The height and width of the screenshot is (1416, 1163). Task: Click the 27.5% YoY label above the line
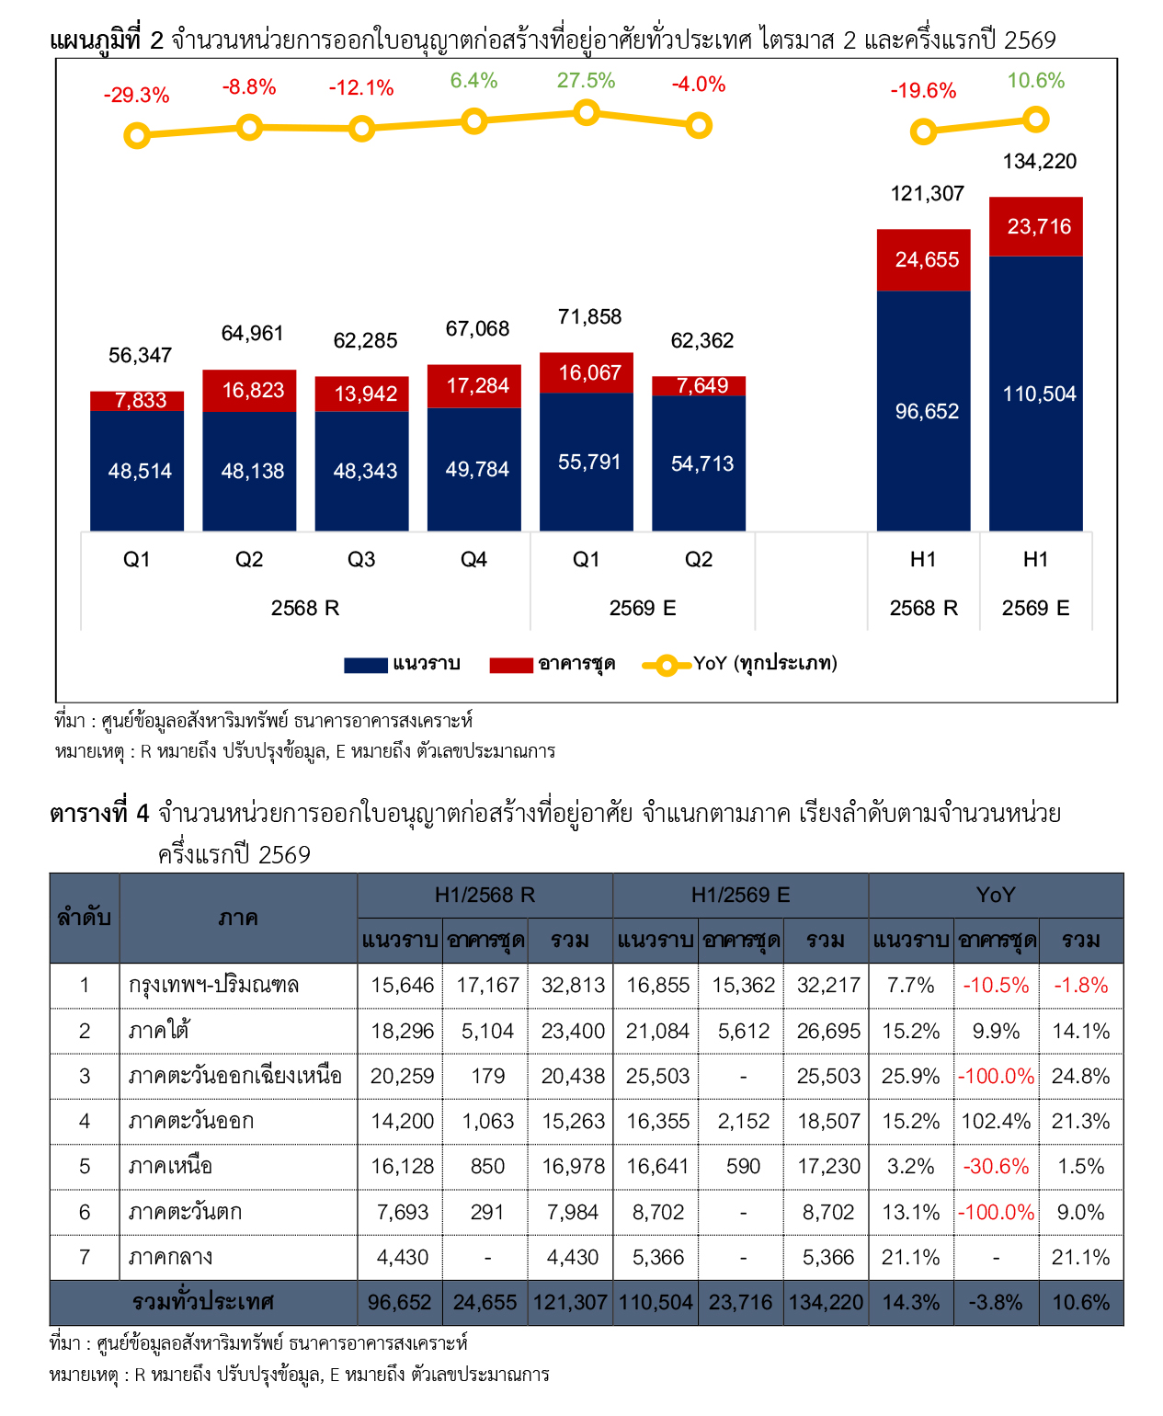pyautogui.click(x=586, y=81)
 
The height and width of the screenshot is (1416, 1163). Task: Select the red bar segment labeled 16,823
pyautogui.click(x=249, y=390)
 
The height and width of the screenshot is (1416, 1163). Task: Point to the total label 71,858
pyautogui.click(x=589, y=316)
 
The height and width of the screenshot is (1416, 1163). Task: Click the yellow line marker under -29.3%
pyautogui.click(x=137, y=136)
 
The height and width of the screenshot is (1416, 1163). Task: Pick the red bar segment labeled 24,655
pyautogui.click(x=923, y=260)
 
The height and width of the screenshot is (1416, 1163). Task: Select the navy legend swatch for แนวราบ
pyautogui.click(x=365, y=665)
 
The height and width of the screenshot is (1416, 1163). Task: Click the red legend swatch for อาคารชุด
pyautogui.click(x=511, y=665)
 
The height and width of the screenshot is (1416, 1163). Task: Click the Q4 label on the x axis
pyautogui.click(x=473, y=559)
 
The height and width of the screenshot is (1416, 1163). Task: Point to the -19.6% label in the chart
pyautogui.click(x=923, y=91)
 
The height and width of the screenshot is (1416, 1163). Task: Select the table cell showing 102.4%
pyautogui.click(x=995, y=1121)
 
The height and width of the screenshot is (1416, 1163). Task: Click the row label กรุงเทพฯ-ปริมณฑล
pyautogui.click(x=213, y=985)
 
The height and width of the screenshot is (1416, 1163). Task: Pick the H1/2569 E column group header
pyautogui.click(x=740, y=895)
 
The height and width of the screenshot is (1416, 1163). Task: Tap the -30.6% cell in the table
pyautogui.click(x=995, y=1166)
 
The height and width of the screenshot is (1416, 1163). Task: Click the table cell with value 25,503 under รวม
pyautogui.click(x=828, y=1076)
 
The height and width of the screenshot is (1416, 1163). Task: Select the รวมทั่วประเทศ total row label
pyautogui.click(x=203, y=1302)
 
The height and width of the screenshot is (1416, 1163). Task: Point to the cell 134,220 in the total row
pyautogui.click(x=826, y=1302)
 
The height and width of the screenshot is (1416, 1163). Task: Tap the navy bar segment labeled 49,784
pyautogui.click(x=473, y=469)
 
